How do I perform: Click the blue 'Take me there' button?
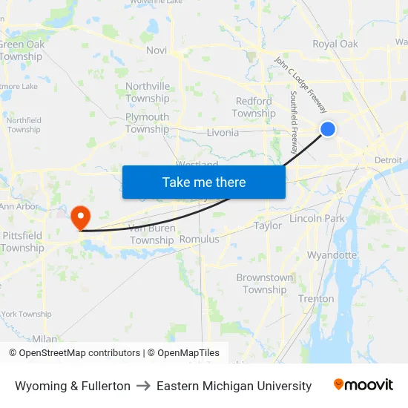[204, 182]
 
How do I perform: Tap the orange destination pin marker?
[79, 217]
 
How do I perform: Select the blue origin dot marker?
[327, 129]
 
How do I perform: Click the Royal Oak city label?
[335, 44]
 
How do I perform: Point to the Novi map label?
[157, 50]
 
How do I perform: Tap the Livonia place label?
[223, 133]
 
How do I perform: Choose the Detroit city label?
[388, 160]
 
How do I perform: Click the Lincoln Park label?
[317, 219]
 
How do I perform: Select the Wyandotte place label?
[332, 255]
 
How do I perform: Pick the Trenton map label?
[316, 299]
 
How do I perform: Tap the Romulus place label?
[200, 240]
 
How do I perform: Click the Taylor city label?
[268, 226]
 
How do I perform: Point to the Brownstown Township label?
[265, 283]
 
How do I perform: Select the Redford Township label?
[254, 108]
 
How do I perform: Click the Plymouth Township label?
[147, 123]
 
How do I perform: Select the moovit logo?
[363, 385]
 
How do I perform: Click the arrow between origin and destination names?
[143, 386]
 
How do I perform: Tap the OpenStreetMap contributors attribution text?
[75, 353]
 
